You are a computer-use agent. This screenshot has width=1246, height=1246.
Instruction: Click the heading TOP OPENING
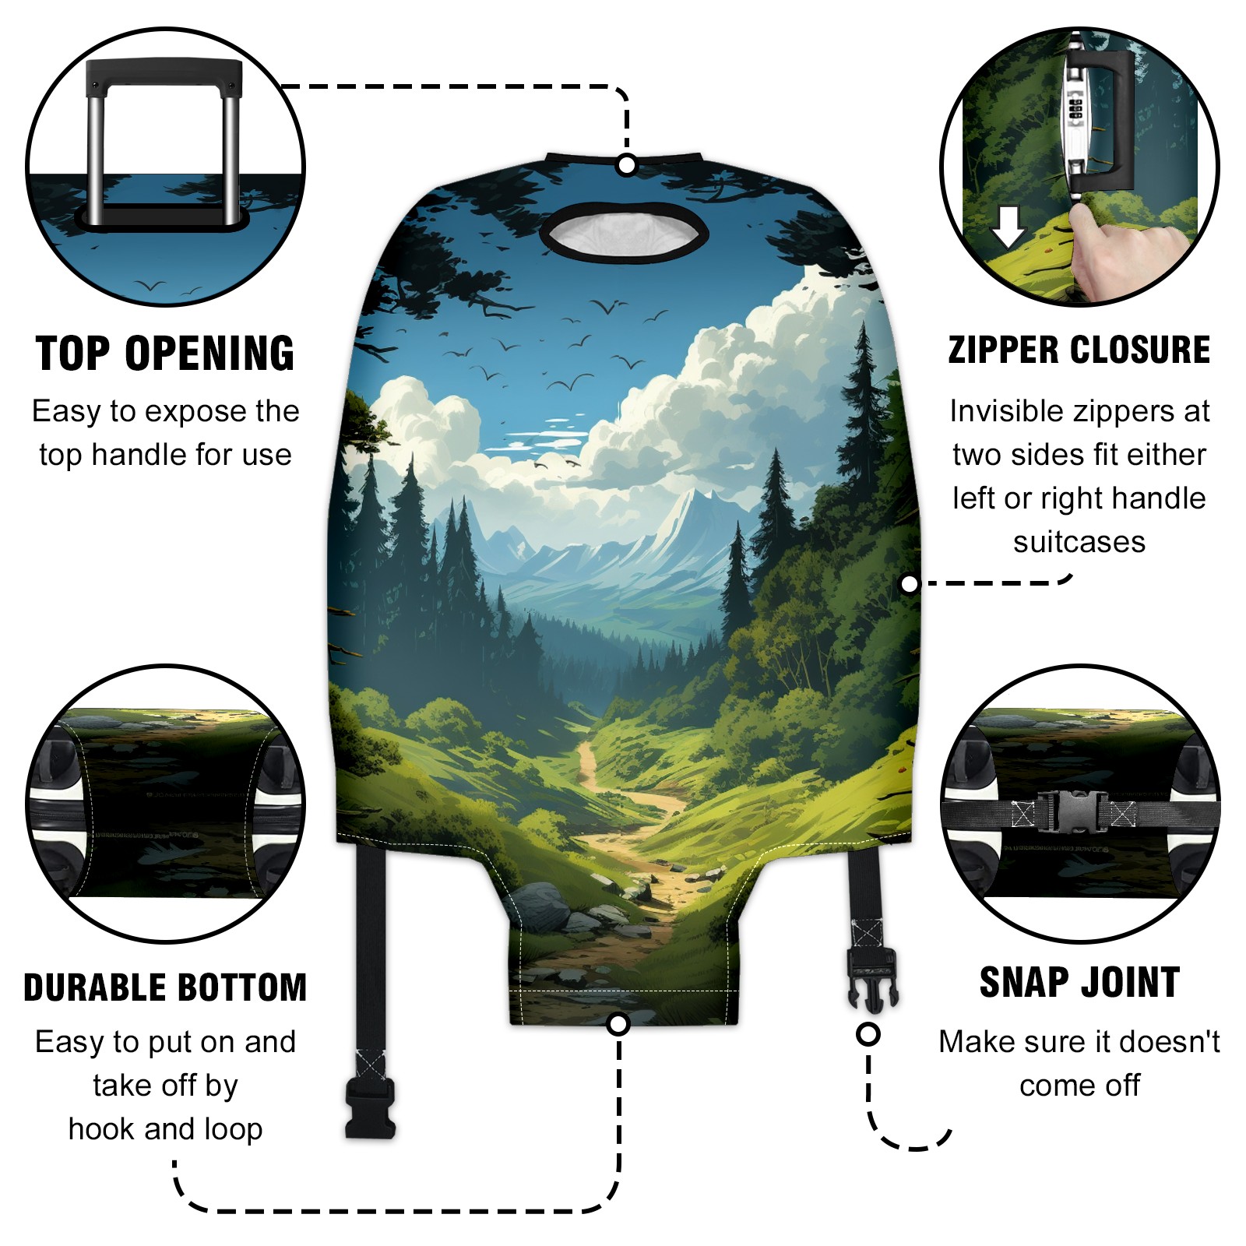pyautogui.click(x=165, y=354)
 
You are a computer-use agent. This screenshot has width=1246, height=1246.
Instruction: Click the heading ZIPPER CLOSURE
pyautogui.click(x=1079, y=350)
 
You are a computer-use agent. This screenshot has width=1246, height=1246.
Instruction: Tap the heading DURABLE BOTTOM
pyautogui.click(x=165, y=987)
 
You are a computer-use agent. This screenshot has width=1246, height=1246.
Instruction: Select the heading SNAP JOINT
pyautogui.click(x=1079, y=983)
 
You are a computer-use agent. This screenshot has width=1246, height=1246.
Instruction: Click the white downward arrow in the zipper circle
pyautogui.click(x=1008, y=227)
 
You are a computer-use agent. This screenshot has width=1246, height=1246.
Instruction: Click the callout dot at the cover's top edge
pyautogui.click(x=626, y=165)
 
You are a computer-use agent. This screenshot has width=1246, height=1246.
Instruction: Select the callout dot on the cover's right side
pyautogui.click(x=909, y=584)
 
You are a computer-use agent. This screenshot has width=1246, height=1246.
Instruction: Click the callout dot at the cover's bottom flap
pyautogui.click(x=618, y=1024)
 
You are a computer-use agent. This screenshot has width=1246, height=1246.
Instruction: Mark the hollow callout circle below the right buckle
pyautogui.click(x=868, y=1034)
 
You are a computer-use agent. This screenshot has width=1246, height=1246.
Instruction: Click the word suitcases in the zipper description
pyautogui.click(x=1079, y=542)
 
